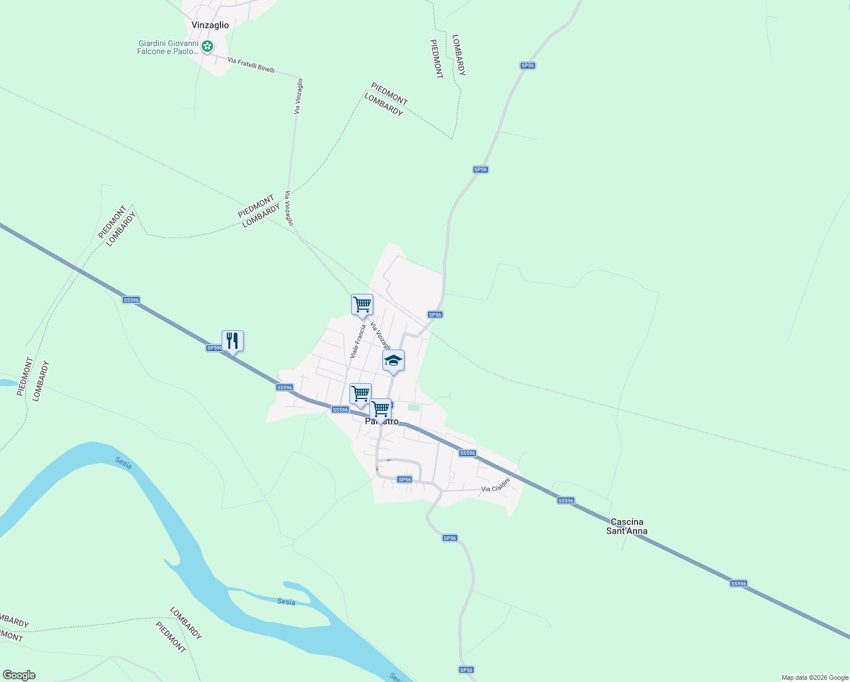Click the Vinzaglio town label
pos(210,25)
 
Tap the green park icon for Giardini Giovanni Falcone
pos(208,47)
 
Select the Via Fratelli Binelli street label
pos(251,65)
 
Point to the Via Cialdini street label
pos(495,485)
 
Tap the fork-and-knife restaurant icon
pos(232,341)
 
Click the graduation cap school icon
pos(393,360)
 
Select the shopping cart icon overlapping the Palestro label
pos(380,409)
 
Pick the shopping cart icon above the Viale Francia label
pos(362,305)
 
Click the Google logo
pos(19,675)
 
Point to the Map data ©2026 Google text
pos(814,677)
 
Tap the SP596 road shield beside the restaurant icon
pos(214,348)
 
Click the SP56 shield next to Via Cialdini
pos(405,480)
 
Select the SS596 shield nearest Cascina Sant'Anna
pos(566,501)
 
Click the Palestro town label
pos(382,422)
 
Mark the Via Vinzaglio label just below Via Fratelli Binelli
pos(298,97)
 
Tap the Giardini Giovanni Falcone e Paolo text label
pos(168,47)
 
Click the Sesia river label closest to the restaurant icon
pos(123,463)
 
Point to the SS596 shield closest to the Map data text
pos(738,584)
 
